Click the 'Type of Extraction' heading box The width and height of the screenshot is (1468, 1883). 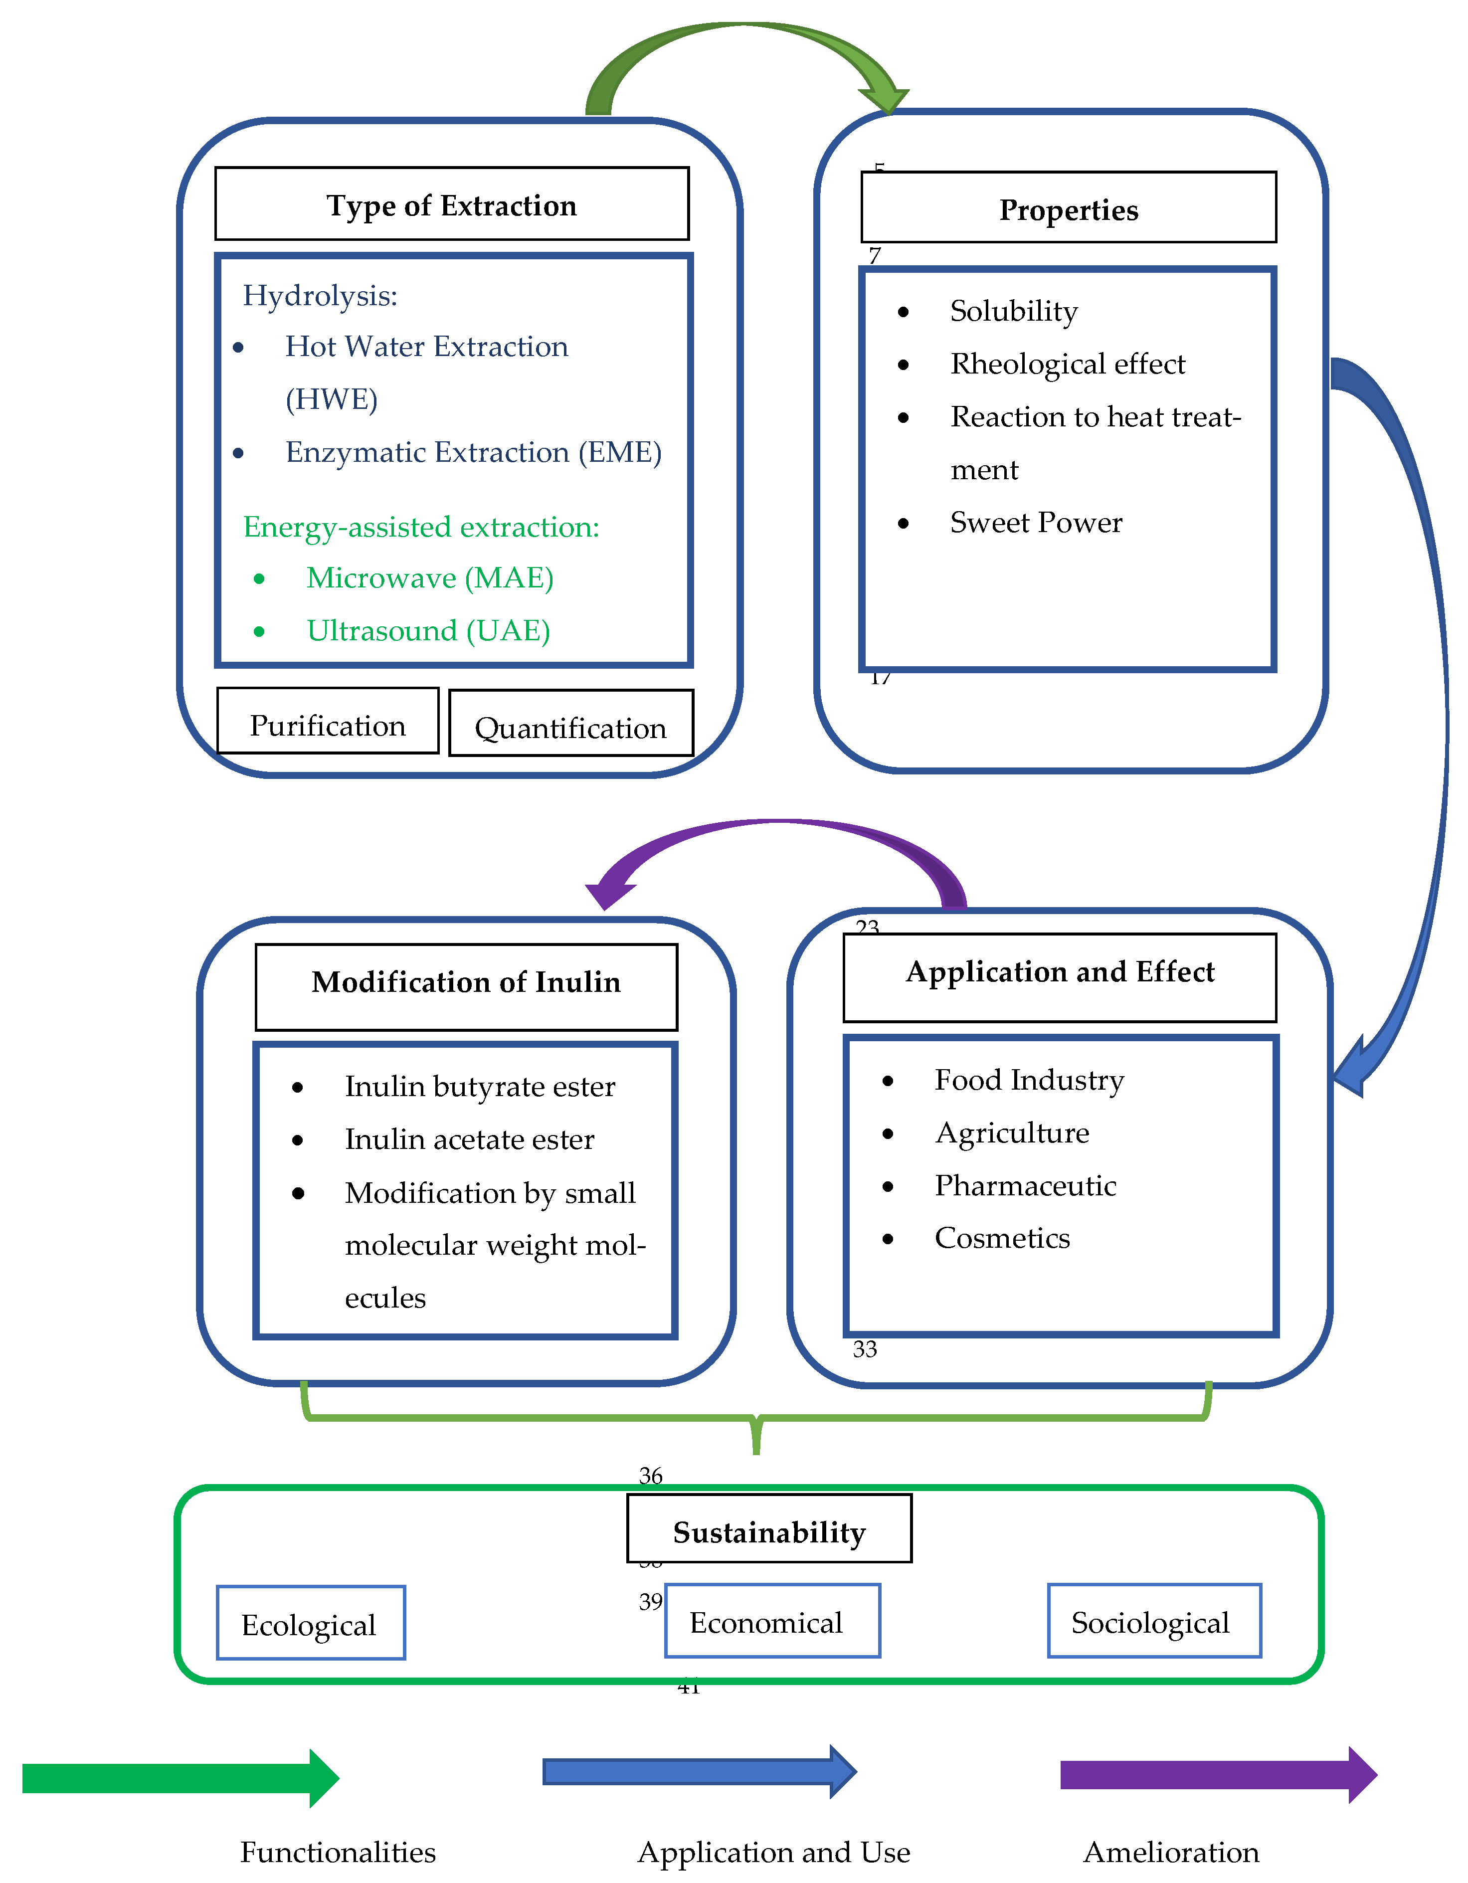[452, 204]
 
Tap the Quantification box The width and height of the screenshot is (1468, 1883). [570, 724]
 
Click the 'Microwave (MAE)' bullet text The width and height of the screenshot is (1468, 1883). [429, 577]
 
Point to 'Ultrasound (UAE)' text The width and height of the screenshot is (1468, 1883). [428, 630]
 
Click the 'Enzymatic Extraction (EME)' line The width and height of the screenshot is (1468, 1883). [473, 452]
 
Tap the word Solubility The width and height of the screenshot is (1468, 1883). [1014, 310]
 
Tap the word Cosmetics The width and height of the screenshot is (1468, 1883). [1002, 1237]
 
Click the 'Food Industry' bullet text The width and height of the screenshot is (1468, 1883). [1029, 1080]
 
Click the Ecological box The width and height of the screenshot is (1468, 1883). [310, 1624]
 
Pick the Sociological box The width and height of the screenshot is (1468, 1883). [1153, 1621]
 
